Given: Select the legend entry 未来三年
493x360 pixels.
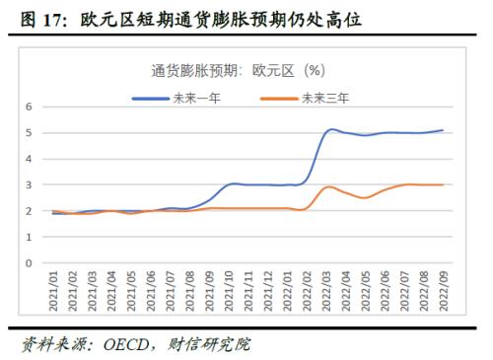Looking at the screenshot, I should [x=324, y=98].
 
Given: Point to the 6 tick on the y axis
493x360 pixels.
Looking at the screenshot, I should [x=30, y=107].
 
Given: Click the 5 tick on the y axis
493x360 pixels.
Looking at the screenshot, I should [x=30, y=132].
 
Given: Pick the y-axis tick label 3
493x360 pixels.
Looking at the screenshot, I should [x=30, y=184].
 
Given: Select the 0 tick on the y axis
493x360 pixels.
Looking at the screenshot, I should [x=30, y=263].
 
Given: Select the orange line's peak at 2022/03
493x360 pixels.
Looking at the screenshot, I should [x=330, y=186].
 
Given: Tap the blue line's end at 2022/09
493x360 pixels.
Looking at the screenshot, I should [x=443, y=130].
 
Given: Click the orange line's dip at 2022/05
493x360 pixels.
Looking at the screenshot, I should [x=366, y=197].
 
